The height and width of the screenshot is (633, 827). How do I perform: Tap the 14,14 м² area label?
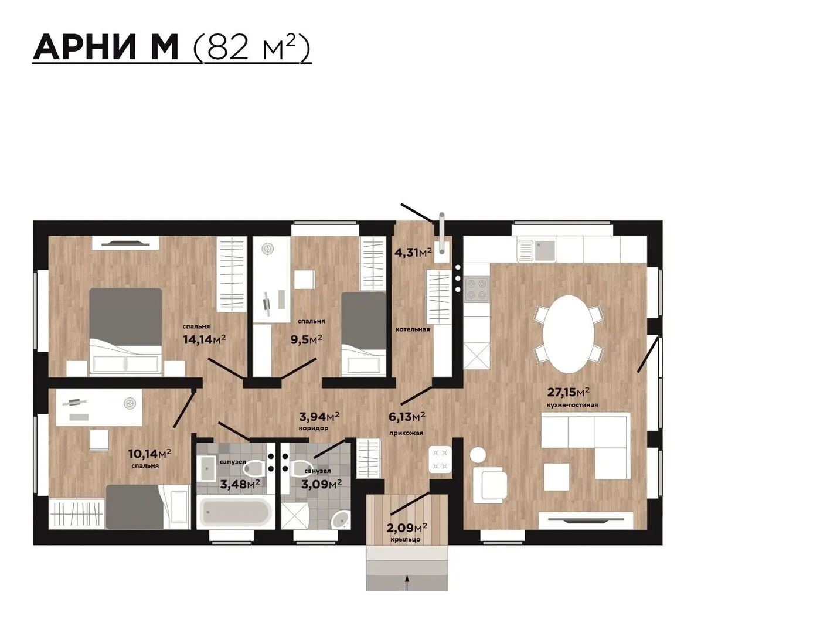(204, 339)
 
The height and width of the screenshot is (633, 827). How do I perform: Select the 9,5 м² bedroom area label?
(306, 339)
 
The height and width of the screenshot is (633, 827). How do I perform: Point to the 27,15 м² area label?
(568, 392)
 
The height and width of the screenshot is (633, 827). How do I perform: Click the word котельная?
(413, 329)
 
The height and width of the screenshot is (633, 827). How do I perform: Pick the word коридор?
(313, 428)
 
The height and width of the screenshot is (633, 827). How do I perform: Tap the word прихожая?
(406, 433)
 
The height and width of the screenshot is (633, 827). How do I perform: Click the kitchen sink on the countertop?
(537, 251)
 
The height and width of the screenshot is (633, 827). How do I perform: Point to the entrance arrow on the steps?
(407, 581)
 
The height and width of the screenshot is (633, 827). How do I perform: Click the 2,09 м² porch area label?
(407, 527)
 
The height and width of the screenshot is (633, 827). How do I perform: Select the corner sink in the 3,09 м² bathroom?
(340, 520)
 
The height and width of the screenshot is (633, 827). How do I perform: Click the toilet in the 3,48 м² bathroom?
(254, 468)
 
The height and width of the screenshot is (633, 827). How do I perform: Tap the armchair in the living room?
(489, 485)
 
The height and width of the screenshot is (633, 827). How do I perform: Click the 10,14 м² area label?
(150, 453)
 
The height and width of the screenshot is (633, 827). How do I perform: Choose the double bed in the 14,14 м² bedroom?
(125, 332)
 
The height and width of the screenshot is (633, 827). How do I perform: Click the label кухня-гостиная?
(572, 406)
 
